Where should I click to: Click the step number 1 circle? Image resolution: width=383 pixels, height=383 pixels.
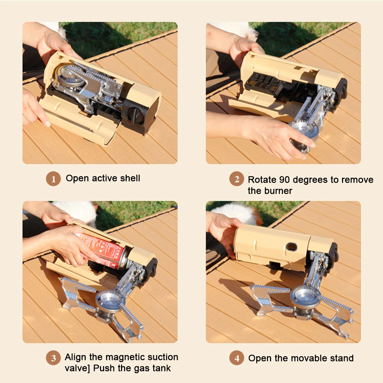pyautogui.click(x=54, y=179)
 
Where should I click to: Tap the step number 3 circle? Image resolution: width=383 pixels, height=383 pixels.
pyautogui.click(x=54, y=358)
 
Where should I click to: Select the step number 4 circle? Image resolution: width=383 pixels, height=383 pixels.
pyautogui.click(x=237, y=358)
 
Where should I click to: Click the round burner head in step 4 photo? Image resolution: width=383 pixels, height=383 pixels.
pyautogui.click(x=305, y=295)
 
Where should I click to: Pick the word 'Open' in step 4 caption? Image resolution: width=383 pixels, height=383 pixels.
pyautogui.click(x=259, y=358)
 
